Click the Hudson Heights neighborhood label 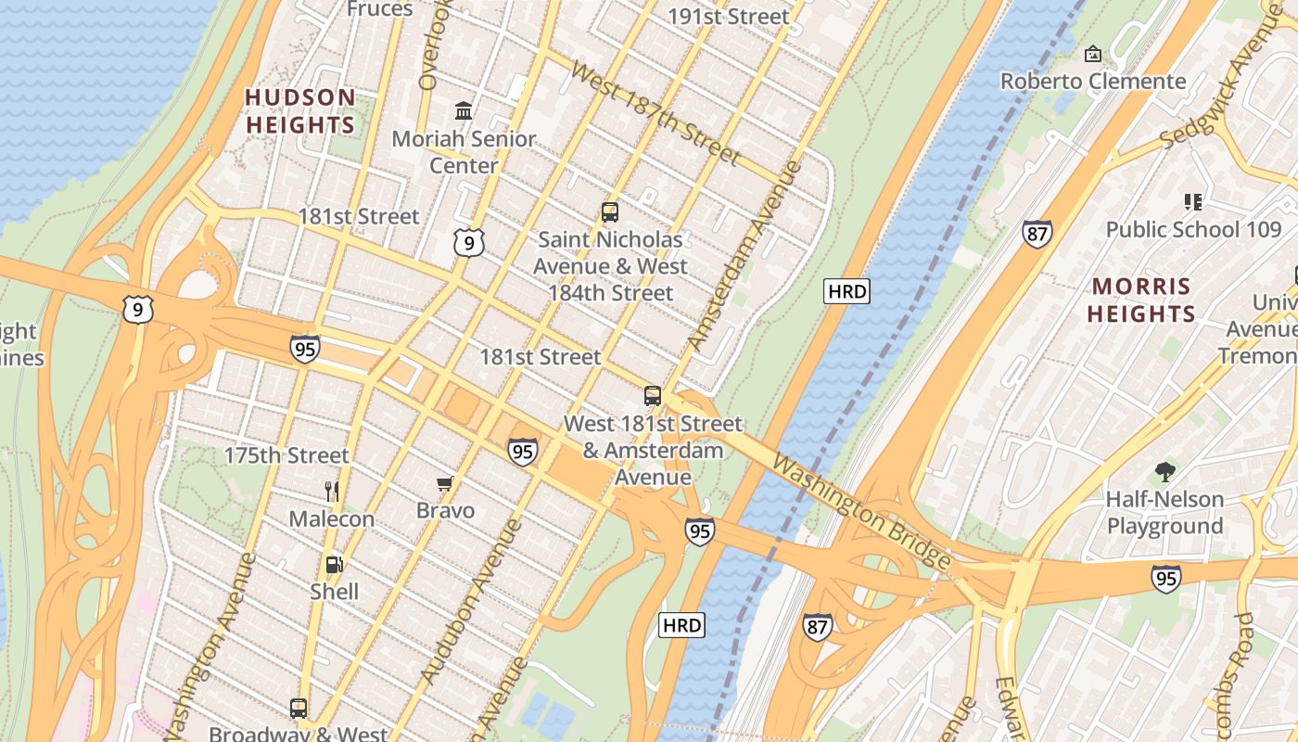pos(299,111)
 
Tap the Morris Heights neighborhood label pos(1141,300)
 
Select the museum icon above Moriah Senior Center pos(464,111)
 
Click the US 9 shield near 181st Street pos(469,243)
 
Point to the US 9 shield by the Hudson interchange pos(137,309)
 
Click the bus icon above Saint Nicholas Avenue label pos(609,211)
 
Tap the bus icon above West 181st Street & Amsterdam pos(653,396)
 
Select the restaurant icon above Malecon pos(332,492)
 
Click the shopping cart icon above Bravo pos(445,483)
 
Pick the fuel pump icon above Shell pos(334,564)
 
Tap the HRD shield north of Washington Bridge pos(846,292)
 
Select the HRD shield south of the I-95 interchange pos(681,625)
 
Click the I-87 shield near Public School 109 pos(1037,233)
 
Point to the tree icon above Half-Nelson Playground pos(1164,472)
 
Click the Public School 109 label pos(1193,229)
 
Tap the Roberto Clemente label pos(1093,82)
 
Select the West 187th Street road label pos(655,112)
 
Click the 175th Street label pos(286,455)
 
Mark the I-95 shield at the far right pos(1166,579)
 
